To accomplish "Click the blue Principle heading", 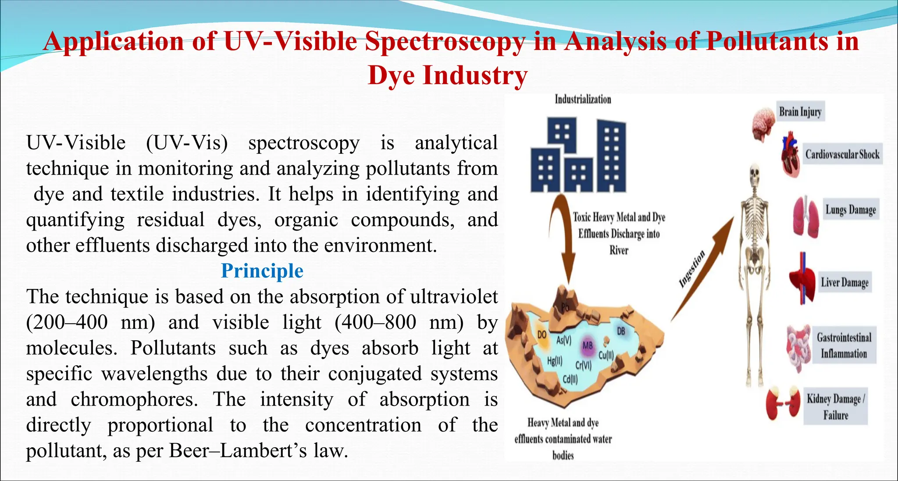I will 262,271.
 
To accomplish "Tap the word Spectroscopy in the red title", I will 445,42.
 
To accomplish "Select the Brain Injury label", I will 800,112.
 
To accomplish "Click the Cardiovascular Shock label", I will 842,154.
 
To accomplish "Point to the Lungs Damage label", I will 851,210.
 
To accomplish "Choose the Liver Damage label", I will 845,282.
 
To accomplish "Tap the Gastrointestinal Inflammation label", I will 844,346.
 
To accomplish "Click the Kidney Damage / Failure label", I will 835,406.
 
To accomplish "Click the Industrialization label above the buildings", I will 583,100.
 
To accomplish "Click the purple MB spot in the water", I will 588,346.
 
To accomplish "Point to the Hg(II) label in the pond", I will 555,361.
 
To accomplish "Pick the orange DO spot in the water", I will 542,336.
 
